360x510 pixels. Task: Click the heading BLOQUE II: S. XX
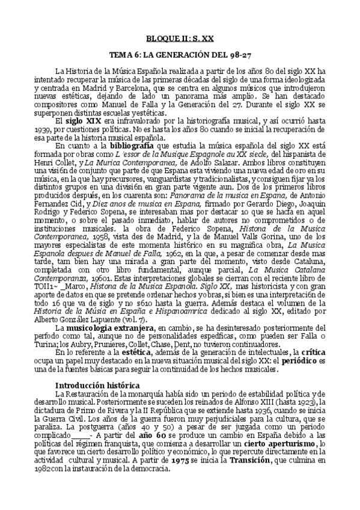(x=180, y=37)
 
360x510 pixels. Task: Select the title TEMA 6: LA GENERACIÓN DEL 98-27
(x=180, y=54)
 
